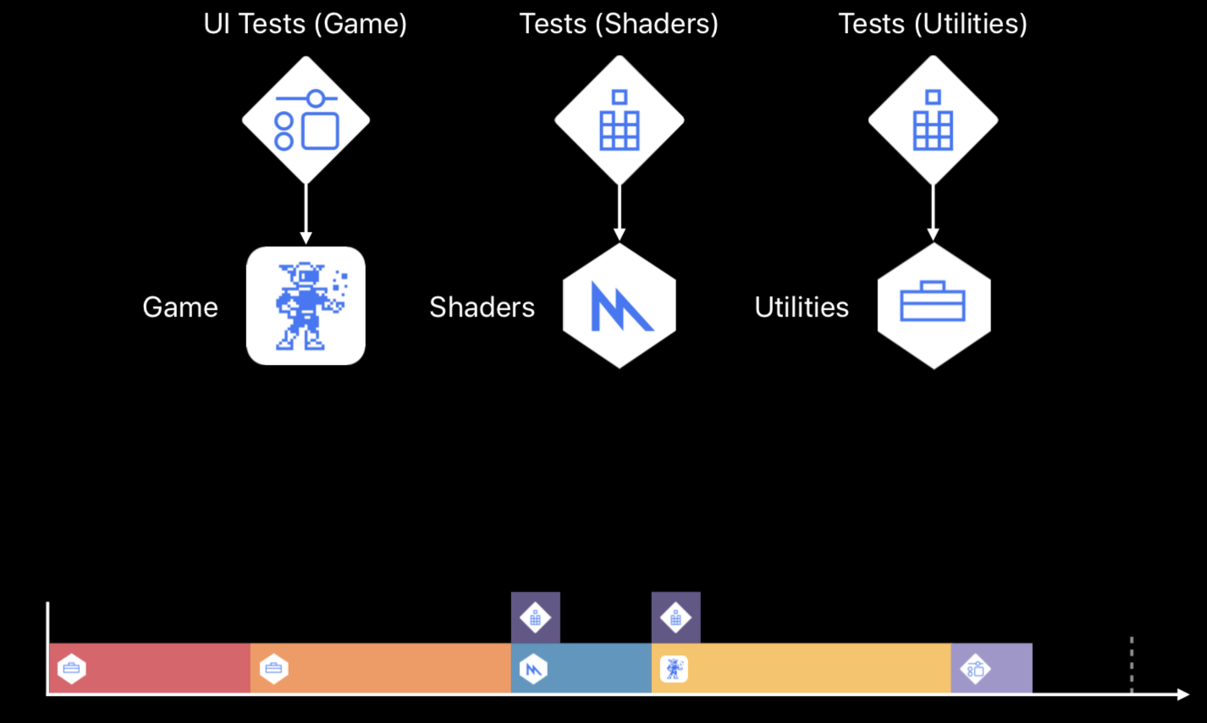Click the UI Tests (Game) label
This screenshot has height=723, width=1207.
point(305,24)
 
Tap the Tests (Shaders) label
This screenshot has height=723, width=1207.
point(619,24)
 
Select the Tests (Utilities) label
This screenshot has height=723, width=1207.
point(933,24)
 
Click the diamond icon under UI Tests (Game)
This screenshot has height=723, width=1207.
point(306,119)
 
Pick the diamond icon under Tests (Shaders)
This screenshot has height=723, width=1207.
point(620,119)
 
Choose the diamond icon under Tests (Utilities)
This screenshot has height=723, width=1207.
point(933,119)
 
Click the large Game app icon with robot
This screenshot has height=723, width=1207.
point(306,306)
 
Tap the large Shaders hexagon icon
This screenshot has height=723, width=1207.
point(620,306)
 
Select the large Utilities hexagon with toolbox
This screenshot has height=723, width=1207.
point(934,306)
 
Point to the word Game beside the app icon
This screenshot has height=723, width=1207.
point(180,306)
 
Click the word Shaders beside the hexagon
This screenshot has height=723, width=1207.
point(482,306)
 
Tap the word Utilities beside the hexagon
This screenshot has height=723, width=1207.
point(802,306)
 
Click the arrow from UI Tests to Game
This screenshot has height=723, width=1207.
point(306,213)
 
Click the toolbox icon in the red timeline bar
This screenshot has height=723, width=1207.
point(72,669)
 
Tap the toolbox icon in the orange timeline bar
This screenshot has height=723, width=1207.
point(273,669)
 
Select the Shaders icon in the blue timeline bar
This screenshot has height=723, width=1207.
point(533,669)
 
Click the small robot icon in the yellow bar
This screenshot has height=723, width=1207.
point(674,669)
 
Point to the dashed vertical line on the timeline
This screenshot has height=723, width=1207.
point(1132,665)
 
